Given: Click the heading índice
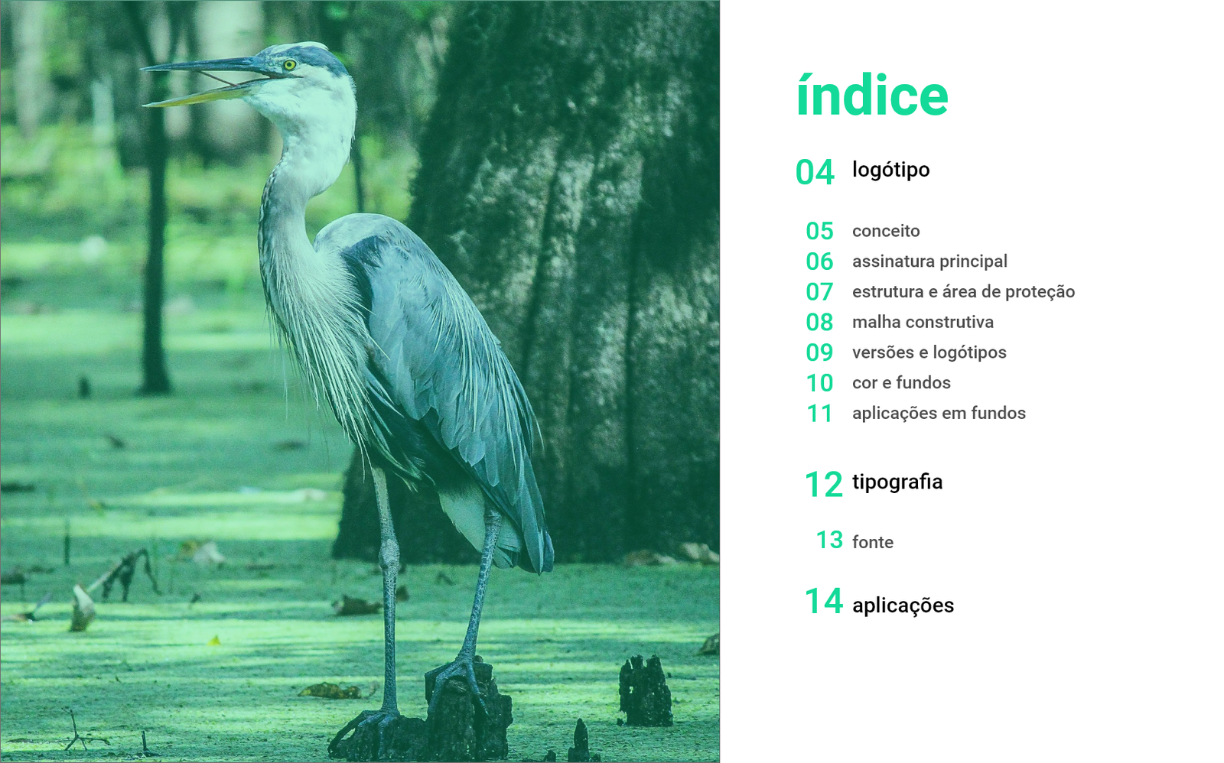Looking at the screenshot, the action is click(872, 96).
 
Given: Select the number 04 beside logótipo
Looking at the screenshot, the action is click(815, 173).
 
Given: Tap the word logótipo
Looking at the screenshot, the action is click(890, 170).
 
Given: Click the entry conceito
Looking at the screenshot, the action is click(886, 231).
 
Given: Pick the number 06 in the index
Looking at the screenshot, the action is click(819, 261).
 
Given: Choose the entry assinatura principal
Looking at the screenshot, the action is click(929, 261).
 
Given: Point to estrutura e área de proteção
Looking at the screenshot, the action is click(963, 291).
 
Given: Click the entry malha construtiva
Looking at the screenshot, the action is click(923, 322).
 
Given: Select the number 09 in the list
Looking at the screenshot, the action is click(819, 352).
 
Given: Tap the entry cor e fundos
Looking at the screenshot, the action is click(901, 383).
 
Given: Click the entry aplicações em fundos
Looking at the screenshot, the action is click(939, 414).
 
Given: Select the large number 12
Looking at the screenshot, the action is click(823, 485).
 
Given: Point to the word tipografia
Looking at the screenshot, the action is click(897, 482).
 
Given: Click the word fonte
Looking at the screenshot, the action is click(873, 542).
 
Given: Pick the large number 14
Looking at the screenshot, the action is click(823, 602).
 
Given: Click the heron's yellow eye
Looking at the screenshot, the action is click(289, 65).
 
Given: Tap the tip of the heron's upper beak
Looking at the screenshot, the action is click(142, 69).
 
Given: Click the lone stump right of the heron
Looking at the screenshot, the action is click(646, 691).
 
